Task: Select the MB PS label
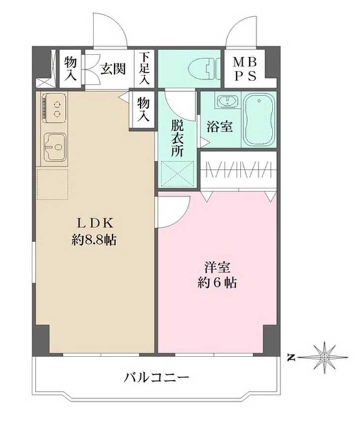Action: [246, 68]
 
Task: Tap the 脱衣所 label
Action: [178, 137]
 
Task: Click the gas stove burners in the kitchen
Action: [55, 108]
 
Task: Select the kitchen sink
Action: [55, 149]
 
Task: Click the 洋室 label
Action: [217, 266]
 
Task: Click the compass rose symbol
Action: [325, 356]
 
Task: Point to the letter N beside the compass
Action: [293, 356]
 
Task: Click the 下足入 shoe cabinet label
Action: [143, 68]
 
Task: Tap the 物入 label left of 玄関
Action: [70, 68]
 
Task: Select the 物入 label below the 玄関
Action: [143, 109]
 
